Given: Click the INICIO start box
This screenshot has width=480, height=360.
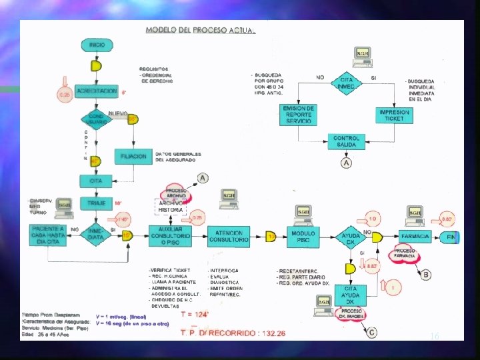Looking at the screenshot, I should click(97, 45).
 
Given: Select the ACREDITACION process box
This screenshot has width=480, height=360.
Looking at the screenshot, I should click(97, 91).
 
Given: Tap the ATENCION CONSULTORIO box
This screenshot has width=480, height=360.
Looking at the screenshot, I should click(229, 236).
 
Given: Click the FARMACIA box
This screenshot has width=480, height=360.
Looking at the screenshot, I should click(415, 237).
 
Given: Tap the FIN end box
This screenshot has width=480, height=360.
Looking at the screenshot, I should click(451, 237).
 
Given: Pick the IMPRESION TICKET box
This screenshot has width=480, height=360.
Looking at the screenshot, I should click(394, 115).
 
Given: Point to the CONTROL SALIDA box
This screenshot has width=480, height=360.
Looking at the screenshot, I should click(347, 141).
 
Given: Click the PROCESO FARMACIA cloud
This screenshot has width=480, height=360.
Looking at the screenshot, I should click(405, 253).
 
